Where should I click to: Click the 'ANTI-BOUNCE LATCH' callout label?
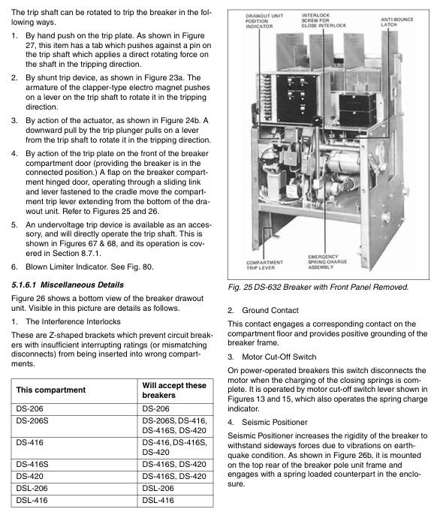click(397, 22)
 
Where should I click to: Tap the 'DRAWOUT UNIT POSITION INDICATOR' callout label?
click(264, 21)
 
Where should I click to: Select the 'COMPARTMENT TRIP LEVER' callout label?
click(264, 265)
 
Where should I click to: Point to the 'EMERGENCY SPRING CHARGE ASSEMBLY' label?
click(327, 262)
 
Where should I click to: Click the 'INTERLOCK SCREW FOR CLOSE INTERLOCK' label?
click(324, 20)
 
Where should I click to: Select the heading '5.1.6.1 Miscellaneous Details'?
click(68, 285)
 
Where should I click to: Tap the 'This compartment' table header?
click(50, 390)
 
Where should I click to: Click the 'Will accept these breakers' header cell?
click(174, 390)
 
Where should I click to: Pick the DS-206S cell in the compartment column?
click(32, 420)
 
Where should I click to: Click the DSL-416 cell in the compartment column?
click(32, 500)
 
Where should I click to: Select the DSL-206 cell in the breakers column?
click(158, 488)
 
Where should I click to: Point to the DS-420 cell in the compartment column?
click(29, 476)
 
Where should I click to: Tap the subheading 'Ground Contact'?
click(270, 310)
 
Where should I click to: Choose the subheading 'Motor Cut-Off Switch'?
click(279, 357)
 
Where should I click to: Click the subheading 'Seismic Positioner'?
click(275, 422)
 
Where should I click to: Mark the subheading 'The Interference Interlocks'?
click(73, 321)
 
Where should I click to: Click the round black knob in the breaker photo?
click(317, 120)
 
